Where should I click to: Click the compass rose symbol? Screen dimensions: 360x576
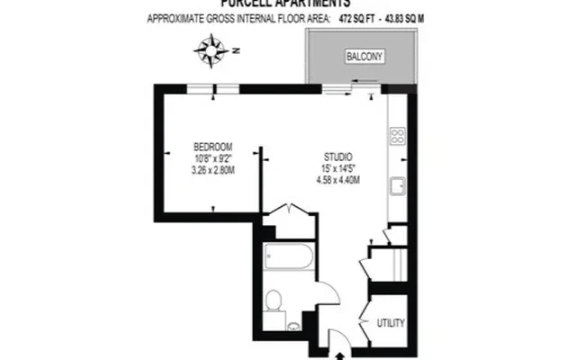211,50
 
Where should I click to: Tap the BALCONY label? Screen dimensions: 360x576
364,58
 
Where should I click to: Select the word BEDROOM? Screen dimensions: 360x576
213,147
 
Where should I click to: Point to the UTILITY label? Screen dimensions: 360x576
391,323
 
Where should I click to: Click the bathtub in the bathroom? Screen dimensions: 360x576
288,263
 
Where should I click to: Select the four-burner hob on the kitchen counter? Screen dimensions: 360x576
397,137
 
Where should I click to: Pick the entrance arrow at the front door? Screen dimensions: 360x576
338,355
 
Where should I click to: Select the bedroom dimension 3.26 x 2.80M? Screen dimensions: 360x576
213,169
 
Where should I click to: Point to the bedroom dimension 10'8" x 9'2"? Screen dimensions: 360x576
213,158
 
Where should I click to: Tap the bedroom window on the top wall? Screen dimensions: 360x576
213,87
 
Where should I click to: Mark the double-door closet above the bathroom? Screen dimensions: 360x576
289,217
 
